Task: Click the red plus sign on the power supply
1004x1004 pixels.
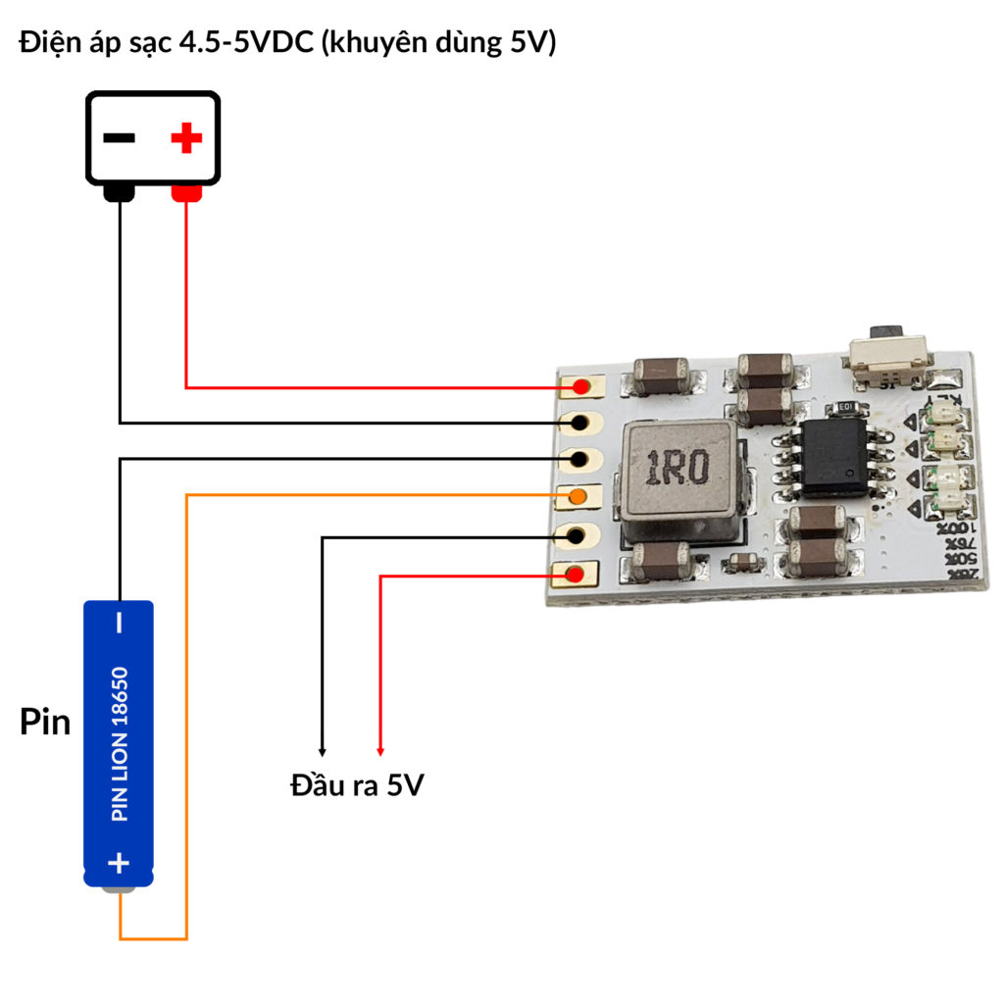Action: click(x=185, y=138)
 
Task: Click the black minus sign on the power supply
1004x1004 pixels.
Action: click(x=119, y=138)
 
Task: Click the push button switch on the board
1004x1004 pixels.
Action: click(x=889, y=359)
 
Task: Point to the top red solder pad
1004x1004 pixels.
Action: click(x=581, y=387)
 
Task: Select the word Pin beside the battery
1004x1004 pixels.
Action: click(x=45, y=723)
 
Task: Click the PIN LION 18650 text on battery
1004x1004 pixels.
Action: click(x=119, y=745)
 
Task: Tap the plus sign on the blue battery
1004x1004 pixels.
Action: click(x=119, y=863)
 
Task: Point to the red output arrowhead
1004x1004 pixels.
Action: click(x=380, y=751)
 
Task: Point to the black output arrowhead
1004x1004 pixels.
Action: click(x=323, y=751)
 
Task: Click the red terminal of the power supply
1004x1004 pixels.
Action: click(x=186, y=193)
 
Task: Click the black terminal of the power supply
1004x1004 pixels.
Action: click(x=119, y=193)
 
